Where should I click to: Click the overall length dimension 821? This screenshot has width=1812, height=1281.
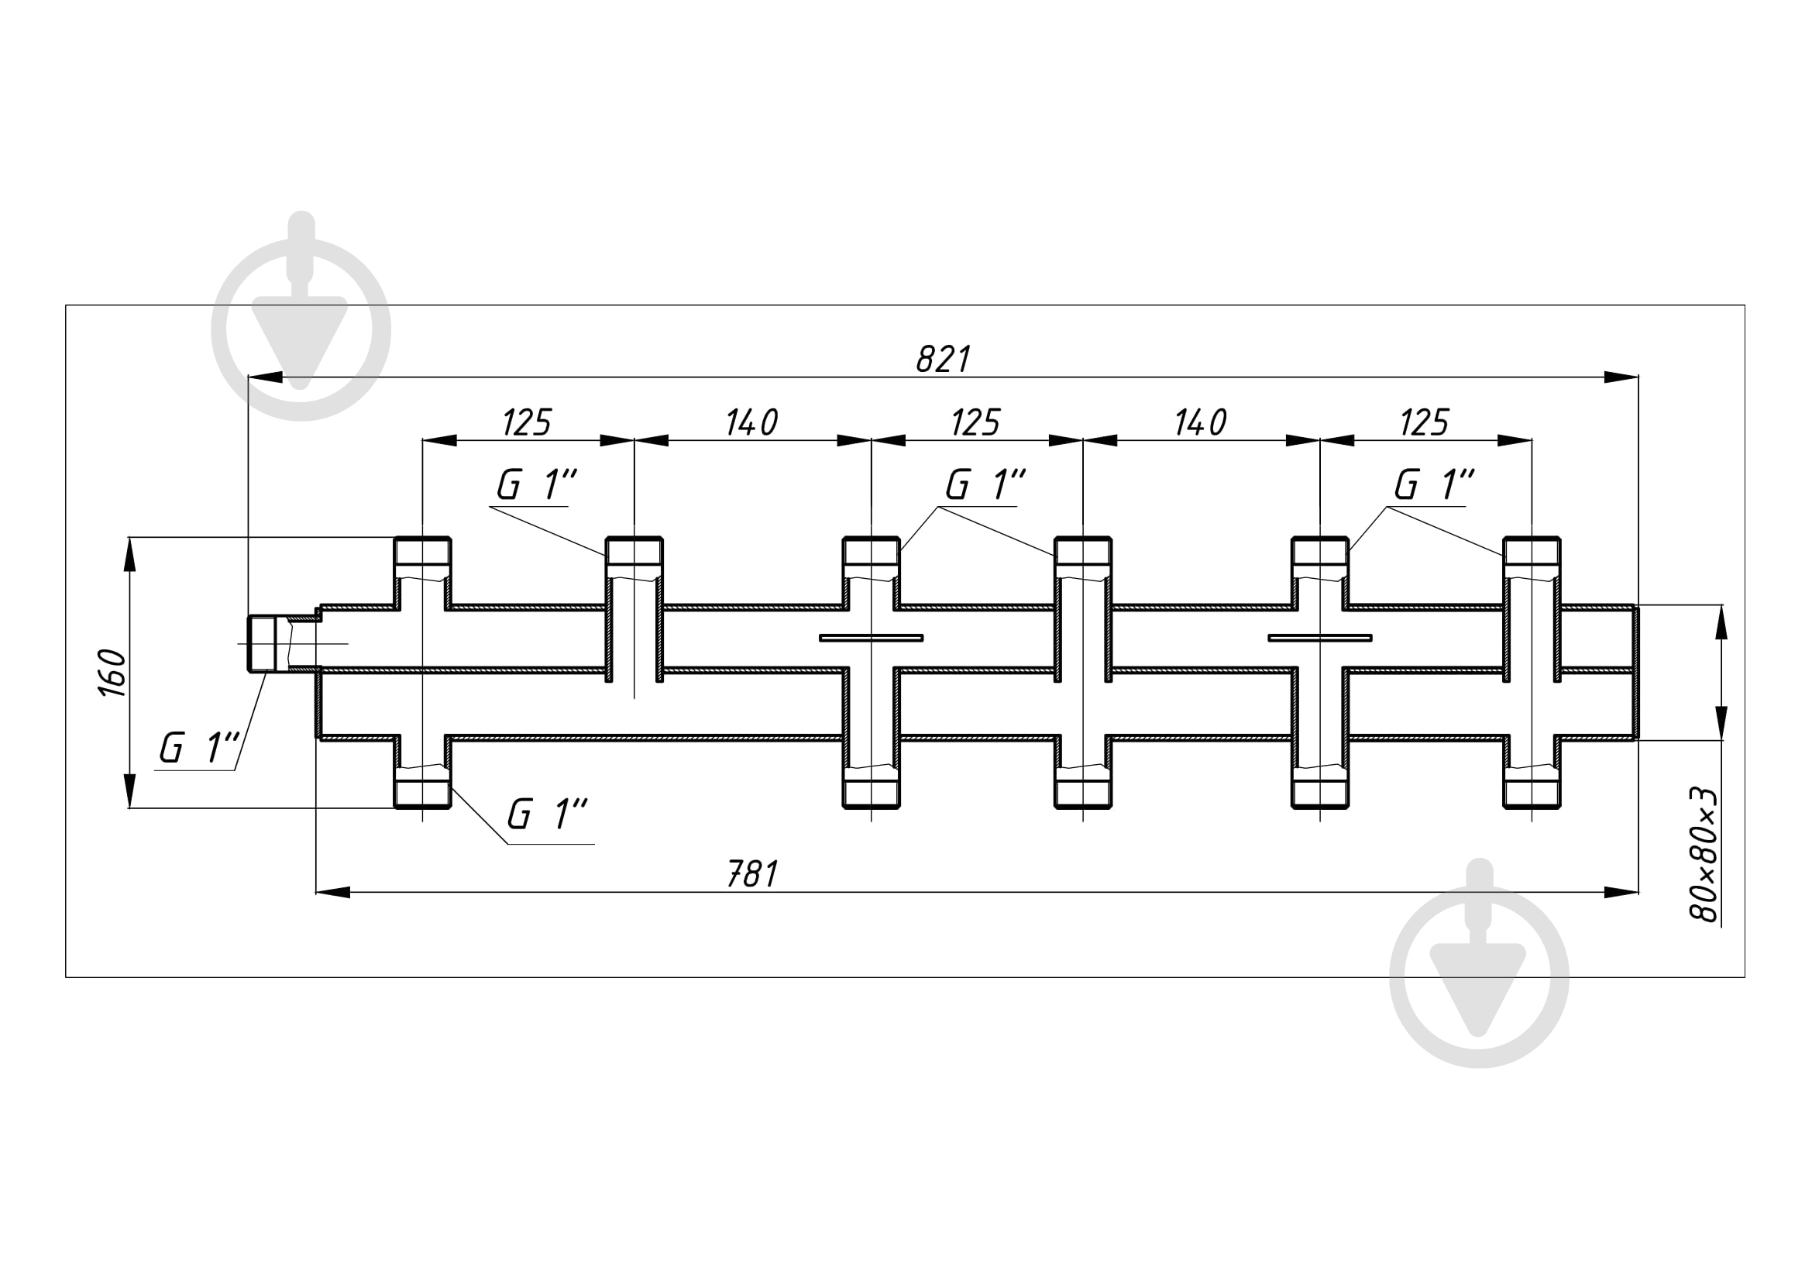point(943,360)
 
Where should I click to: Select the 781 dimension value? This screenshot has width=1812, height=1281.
point(752,874)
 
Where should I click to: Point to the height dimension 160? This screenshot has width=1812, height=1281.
point(113,673)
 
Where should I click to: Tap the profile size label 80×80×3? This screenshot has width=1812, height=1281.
point(1704,855)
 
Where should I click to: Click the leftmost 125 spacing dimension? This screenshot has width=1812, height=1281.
point(528,423)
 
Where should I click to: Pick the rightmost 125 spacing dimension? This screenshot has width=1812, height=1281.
point(1425,423)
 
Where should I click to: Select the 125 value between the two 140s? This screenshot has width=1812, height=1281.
point(976,423)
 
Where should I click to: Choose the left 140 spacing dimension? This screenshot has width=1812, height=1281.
point(752,423)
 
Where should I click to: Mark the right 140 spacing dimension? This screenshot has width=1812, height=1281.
point(1200,423)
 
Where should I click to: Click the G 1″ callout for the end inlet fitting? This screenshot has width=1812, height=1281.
point(199,749)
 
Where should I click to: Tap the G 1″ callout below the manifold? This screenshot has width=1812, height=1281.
point(547,814)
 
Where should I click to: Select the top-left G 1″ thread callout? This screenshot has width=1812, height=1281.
point(538,484)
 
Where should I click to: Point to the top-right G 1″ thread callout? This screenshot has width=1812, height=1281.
point(1435,484)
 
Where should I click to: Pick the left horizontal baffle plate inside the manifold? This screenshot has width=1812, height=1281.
point(872,638)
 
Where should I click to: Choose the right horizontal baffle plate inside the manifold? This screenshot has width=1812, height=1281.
point(1319,638)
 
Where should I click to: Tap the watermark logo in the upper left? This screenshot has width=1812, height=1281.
point(301,315)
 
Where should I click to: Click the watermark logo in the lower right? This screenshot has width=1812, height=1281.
point(1479,963)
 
